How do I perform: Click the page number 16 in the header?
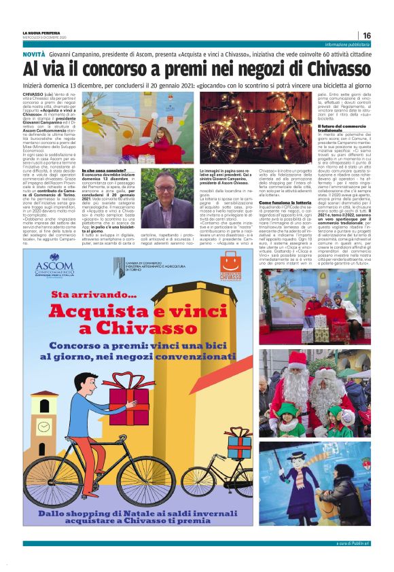tap(366, 35)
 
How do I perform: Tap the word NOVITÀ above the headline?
tap(35, 52)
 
